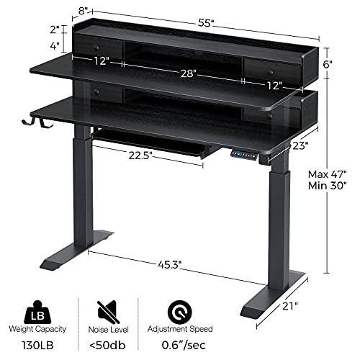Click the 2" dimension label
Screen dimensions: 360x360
point(54,29)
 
